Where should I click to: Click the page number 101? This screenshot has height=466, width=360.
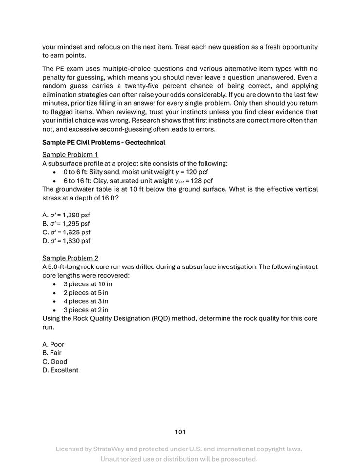point(180,432)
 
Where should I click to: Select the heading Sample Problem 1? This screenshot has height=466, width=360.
point(70,155)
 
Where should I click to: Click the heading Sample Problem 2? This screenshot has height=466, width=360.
point(70,258)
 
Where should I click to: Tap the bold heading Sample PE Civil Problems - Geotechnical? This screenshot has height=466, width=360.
point(103,143)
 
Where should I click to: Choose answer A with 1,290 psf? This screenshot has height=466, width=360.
point(66,215)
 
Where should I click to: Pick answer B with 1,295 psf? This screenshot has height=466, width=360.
point(66,224)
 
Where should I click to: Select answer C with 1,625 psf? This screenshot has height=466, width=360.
point(66,233)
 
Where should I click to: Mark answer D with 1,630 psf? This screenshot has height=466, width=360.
point(66,241)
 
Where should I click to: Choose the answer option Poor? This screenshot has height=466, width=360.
point(53,345)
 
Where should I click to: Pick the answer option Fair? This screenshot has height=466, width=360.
point(52,353)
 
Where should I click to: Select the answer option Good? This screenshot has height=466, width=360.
point(55,362)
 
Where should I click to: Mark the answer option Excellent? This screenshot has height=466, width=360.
point(60,370)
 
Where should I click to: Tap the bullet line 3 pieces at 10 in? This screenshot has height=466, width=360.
point(87,284)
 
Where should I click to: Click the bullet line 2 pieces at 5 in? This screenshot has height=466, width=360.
point(86,293)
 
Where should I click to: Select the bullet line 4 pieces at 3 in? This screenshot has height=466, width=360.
point(86,301)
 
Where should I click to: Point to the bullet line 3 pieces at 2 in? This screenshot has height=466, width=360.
point(86,310)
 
